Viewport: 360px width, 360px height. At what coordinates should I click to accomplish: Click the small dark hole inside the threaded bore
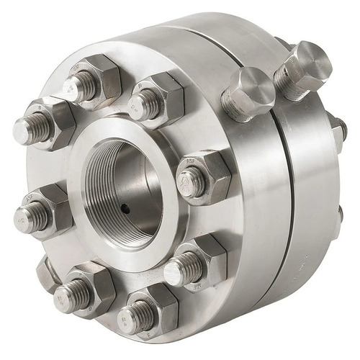click(125, 210)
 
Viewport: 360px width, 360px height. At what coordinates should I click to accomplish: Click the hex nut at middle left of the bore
click(43, 212)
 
